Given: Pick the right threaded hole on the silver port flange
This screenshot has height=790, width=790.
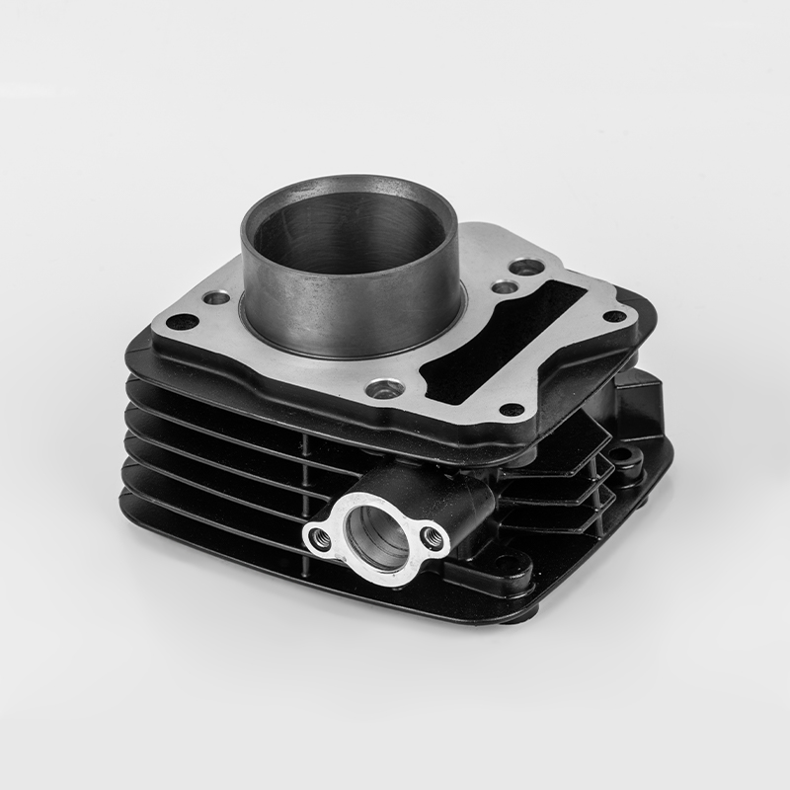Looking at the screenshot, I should point(431,536).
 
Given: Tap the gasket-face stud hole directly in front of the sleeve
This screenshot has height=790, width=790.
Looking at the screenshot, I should point(382,390).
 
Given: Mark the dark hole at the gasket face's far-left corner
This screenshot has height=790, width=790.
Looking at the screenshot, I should point(180,322).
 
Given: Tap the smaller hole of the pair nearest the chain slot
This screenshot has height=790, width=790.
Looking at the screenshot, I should point(504,287).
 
